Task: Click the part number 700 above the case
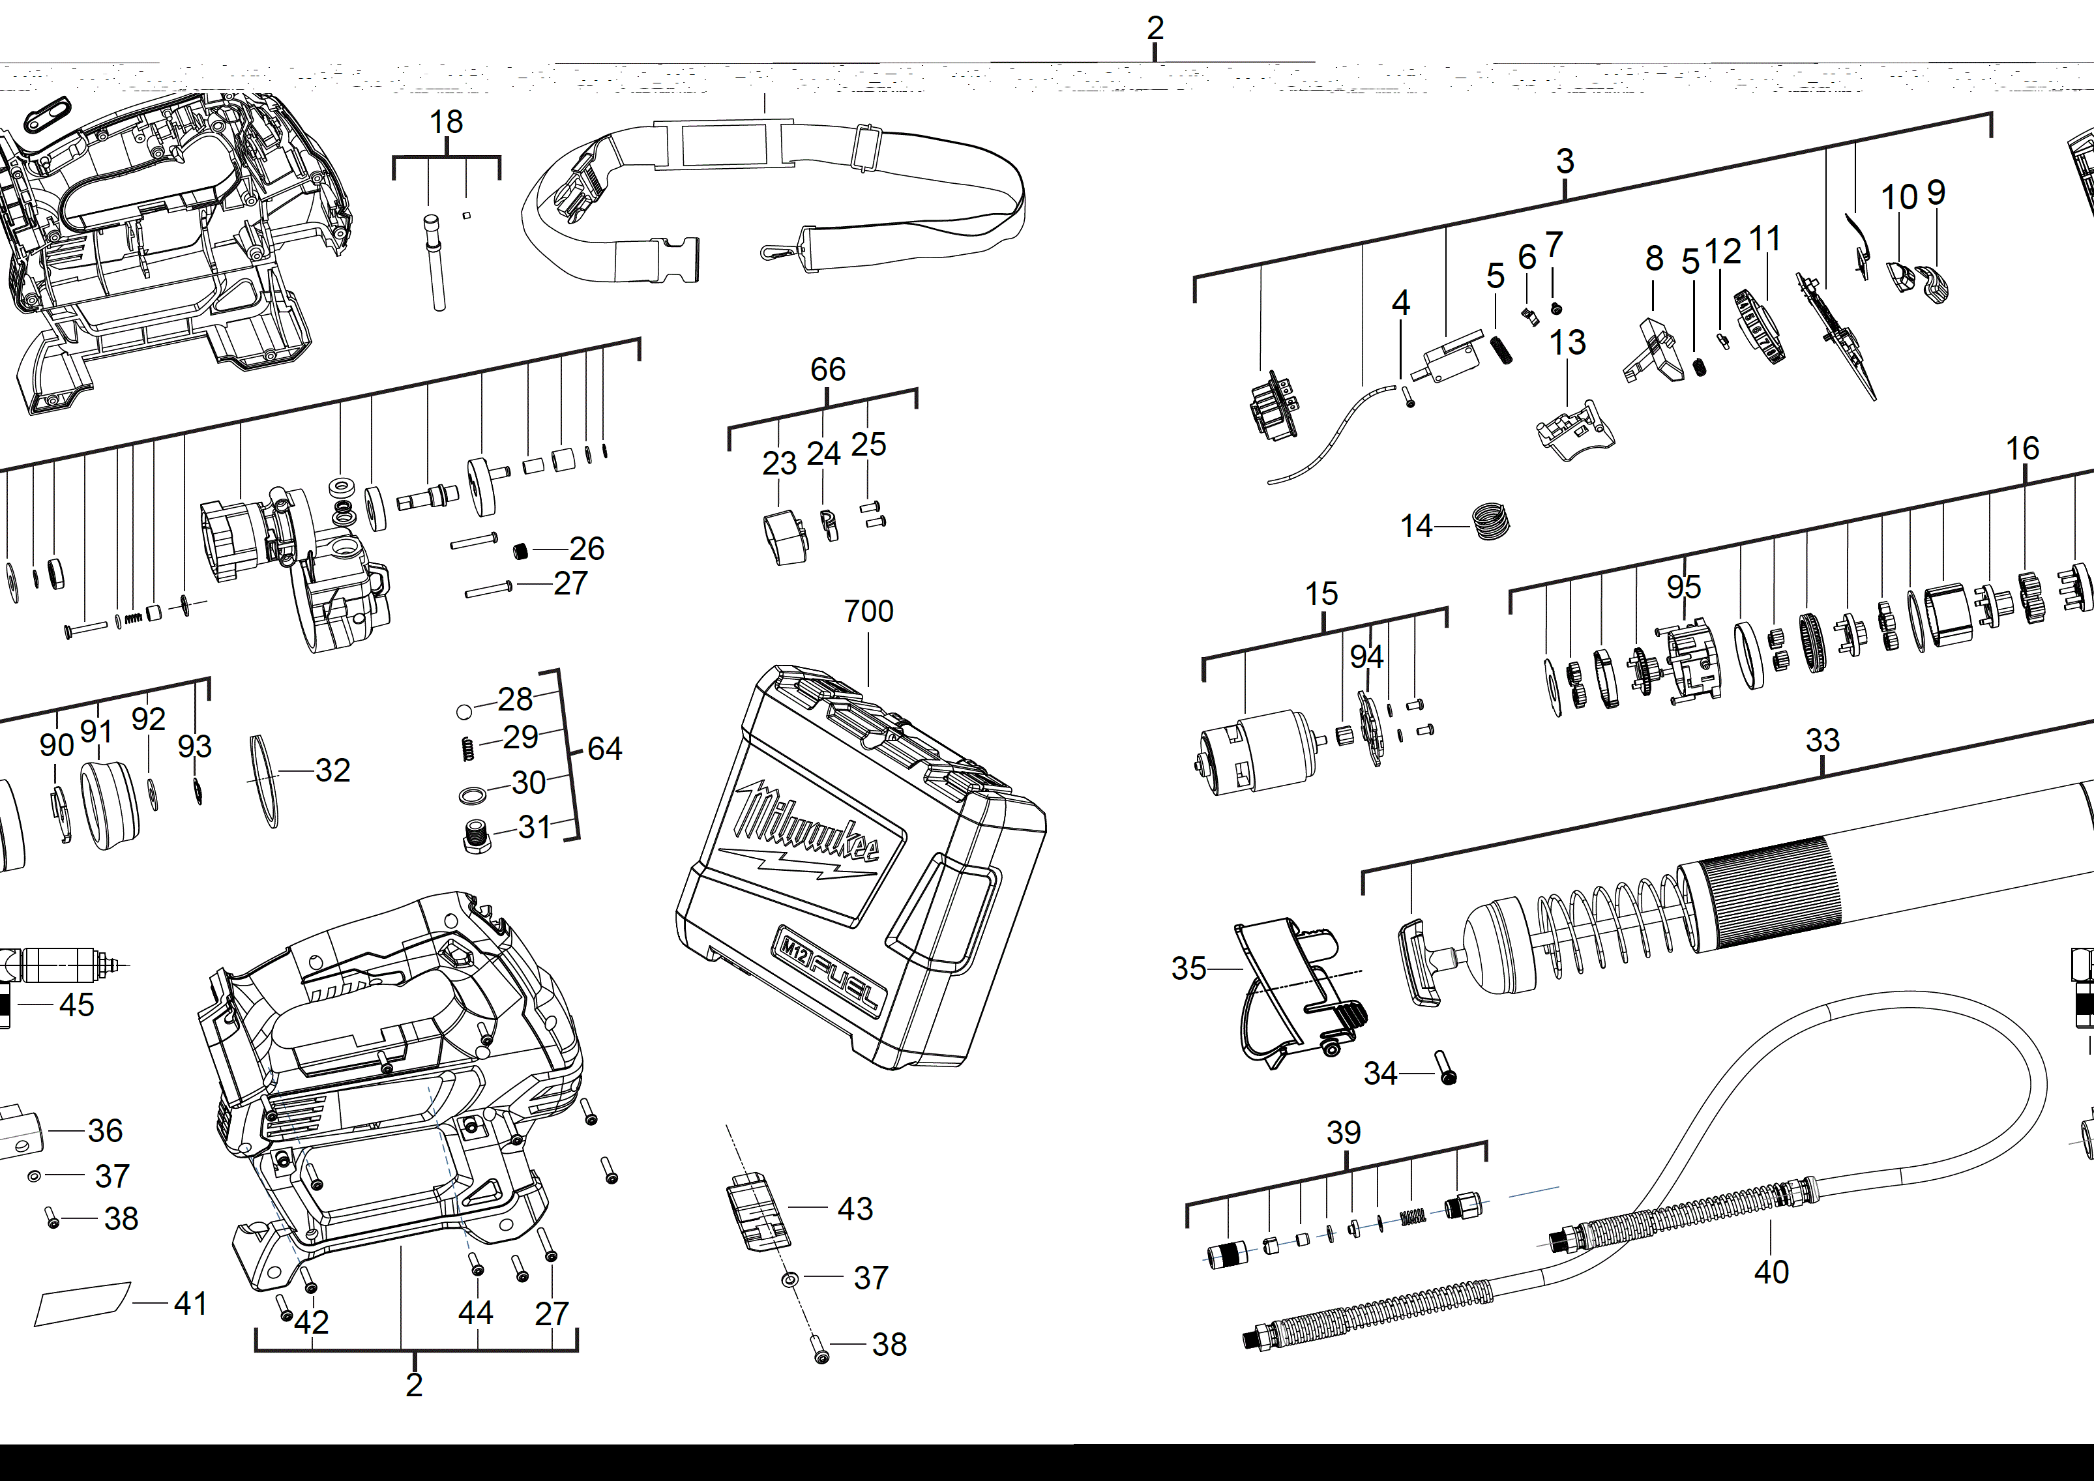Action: [x=868, y=611]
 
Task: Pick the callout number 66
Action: [x=827, y=370]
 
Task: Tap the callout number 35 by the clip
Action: [x=1188, y=969]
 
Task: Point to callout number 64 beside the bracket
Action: [x=605, y=749]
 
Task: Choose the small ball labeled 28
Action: [x=464, y=711]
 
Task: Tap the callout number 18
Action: [x=446, y=122]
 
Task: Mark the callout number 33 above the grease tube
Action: [x=1822, y=740]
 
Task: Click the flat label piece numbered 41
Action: [x=82, y=1304]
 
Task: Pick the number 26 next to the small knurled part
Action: [x=587, y=548]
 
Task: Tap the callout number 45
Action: [x=77, y=1005]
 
